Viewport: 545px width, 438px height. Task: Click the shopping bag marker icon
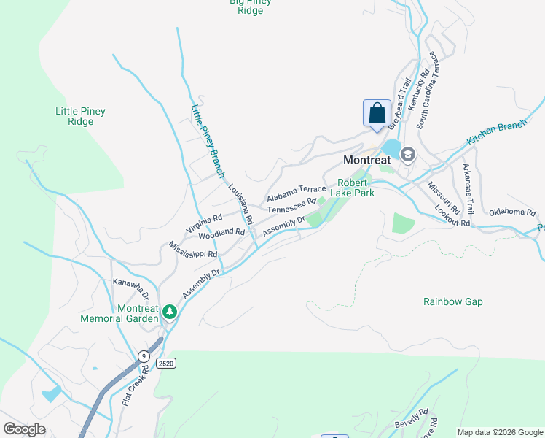[x=377, y=114]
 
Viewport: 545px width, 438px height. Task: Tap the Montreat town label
[x=367, y=160]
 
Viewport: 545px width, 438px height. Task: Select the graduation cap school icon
[x=407, y=153]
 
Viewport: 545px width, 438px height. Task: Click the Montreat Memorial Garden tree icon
[x=170, y=312]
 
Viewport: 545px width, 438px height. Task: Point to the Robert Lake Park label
[x=352, y=188]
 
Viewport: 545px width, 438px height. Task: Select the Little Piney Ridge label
[x=80, y=117]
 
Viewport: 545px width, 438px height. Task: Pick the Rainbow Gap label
[x=452, y=301]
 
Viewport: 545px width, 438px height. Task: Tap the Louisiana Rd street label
[x=240, y=204]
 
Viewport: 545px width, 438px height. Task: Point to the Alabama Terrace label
[x=296, y=193]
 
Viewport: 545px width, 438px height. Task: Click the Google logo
[x=24, y=429]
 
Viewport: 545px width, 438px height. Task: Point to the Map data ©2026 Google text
[x=499, y=432]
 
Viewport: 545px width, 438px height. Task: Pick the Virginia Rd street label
[x=204, y=224]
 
